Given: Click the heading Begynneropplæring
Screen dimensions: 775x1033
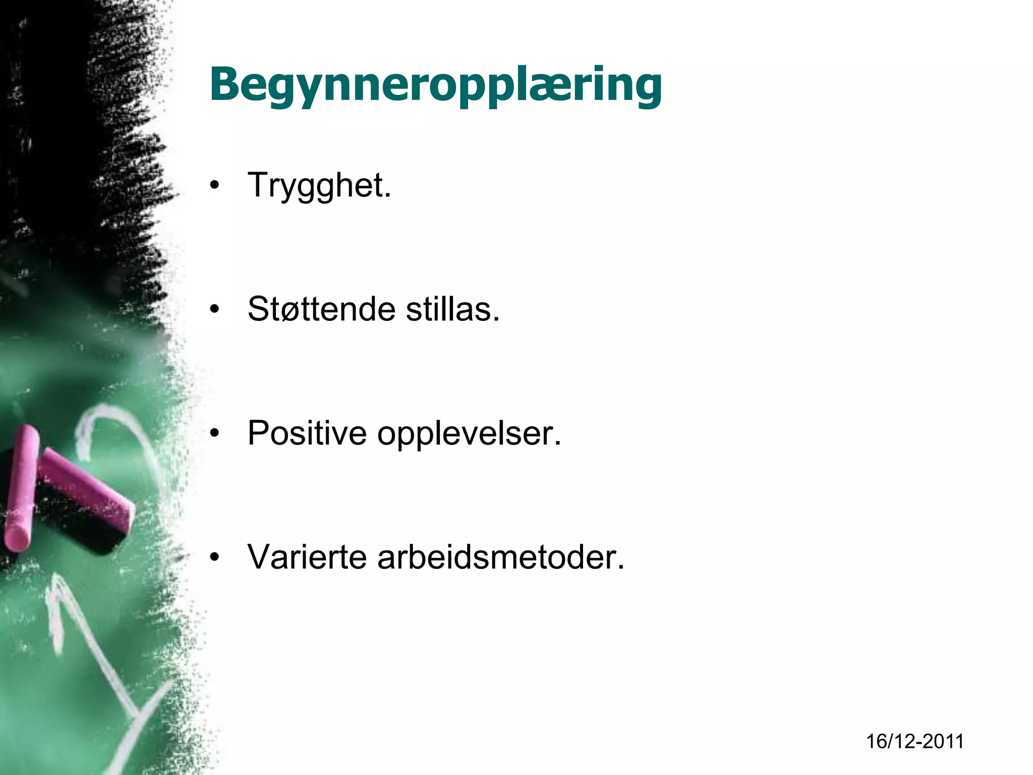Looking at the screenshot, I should point(436,85).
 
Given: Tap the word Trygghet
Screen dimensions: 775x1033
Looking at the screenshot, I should point(319,186).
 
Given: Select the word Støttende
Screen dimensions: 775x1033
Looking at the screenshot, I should point(321,309).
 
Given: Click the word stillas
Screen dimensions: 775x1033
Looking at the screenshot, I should point(452,309).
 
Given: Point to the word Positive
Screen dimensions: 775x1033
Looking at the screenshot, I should point(307,433).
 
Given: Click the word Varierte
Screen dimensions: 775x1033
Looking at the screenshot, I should point(307,557).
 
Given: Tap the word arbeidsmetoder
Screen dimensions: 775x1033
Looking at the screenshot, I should point(501,557).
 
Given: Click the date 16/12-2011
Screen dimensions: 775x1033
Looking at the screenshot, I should point(915,741).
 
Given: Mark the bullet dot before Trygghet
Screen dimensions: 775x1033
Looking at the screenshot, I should point(215,186).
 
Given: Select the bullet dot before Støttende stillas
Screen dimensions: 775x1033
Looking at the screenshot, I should point(215,309).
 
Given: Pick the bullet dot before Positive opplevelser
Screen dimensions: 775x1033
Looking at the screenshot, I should point(215,433).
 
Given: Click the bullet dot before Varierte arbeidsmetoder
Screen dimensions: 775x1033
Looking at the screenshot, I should point(215,558).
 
